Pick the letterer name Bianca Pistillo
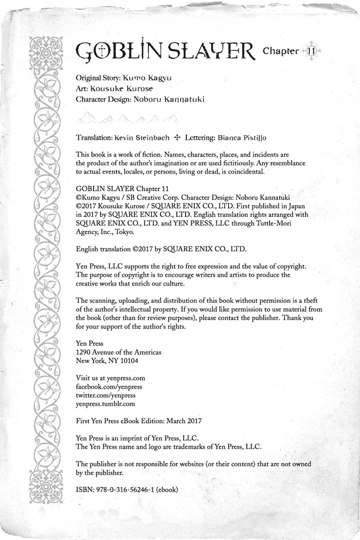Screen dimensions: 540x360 pos(242,138)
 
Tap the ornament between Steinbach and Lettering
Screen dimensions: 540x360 pos(178,137)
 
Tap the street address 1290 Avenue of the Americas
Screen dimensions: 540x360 pos(119,352)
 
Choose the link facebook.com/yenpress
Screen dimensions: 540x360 pos(109,387)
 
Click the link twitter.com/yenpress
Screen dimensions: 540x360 pos(106,395)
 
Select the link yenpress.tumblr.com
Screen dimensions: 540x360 pos(106,404)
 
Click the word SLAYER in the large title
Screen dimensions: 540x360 pos(211,51)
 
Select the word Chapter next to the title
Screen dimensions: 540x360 pos(281,51)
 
